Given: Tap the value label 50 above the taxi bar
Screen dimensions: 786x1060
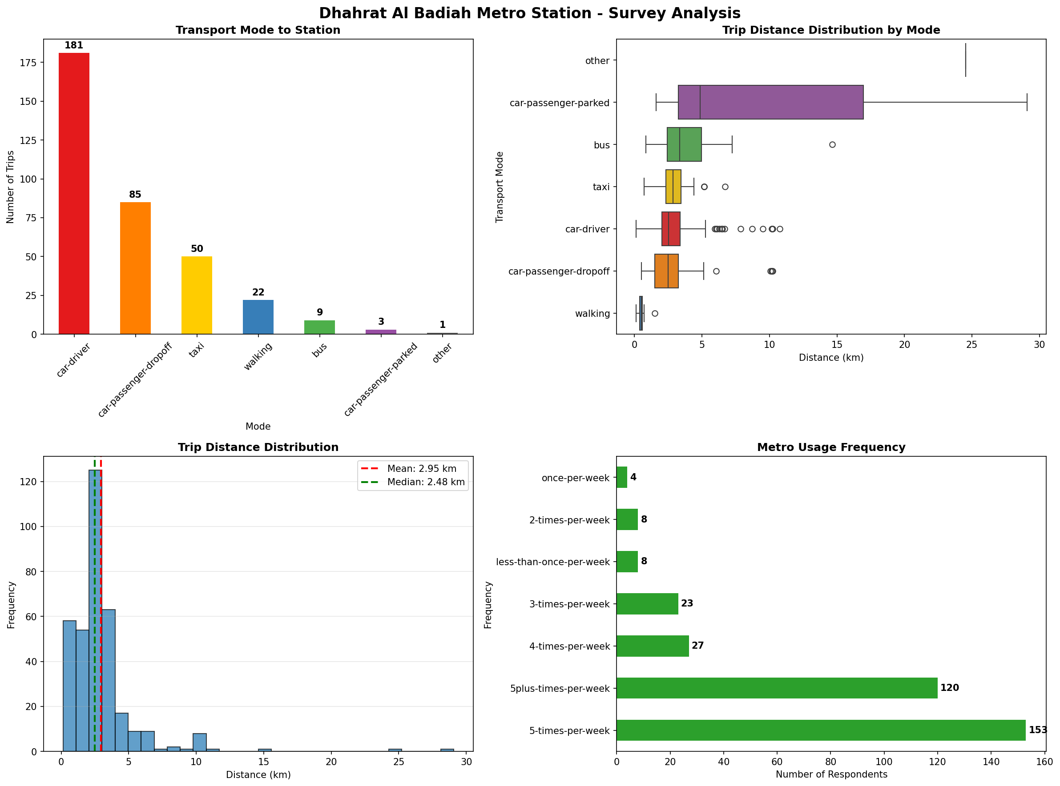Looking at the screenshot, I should click(x=197, y=249).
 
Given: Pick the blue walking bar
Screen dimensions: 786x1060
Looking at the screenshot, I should click(x=258, y=317).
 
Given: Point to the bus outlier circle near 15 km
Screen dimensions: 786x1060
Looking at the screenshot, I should click(x=832, y=145).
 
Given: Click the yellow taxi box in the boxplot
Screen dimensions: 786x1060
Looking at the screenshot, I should click(x=673, y=187).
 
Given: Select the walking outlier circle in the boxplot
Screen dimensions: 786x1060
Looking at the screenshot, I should click(x=655, y=314).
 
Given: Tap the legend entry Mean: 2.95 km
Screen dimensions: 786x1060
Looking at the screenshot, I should click(x=421, y=469).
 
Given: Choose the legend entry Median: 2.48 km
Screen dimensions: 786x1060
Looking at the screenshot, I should click(x=425, y=482).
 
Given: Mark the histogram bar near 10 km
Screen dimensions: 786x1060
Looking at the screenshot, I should click(x=200, y=742).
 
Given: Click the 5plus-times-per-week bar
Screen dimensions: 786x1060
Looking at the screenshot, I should click(x=777, y=688).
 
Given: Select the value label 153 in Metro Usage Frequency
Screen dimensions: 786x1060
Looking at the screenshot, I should click(x=1038, y=730).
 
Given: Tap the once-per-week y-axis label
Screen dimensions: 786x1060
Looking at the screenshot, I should click(x=575, y=478).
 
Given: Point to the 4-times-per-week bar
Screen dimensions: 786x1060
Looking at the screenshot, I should click(x=653, y=646).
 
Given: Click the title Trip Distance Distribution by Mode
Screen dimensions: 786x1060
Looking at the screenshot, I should click(x=831, y=30).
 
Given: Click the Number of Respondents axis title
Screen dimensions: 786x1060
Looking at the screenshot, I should click(x=831, y=774).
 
